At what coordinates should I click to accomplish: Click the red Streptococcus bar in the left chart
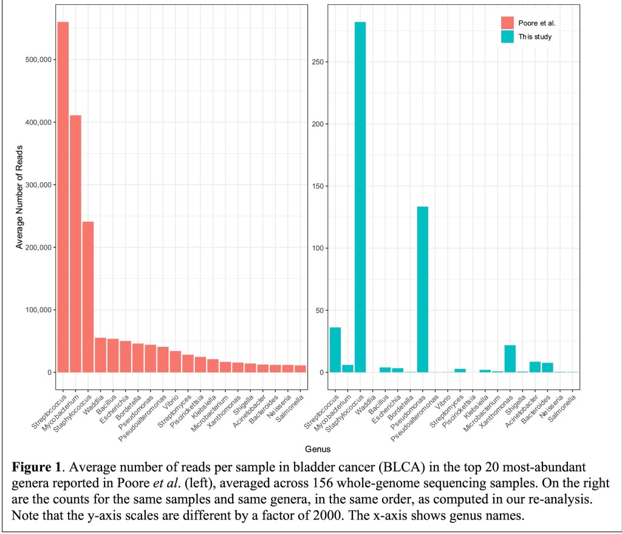pyautogui.click(x=63, y=197)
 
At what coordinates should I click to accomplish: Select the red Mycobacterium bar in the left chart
pyautogui.click(x=75, y=243)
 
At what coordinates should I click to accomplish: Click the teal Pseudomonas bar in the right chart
pyautogui.click(x=423, y=289)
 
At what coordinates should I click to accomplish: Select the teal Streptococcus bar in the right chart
pyautogui.click(x=335, y=350)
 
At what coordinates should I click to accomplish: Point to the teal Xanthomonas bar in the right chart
pyautogui.click(x=510, y=358)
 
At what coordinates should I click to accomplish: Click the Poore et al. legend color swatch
pyautogui.click(x=507, y=23)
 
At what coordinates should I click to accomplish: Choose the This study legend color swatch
pyautogui.click(x=507, y=36)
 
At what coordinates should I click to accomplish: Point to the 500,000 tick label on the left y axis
pyautogui.click(x=38, y=60)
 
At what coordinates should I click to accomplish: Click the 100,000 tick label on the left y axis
pyautogui.click(x=38, y=310)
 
